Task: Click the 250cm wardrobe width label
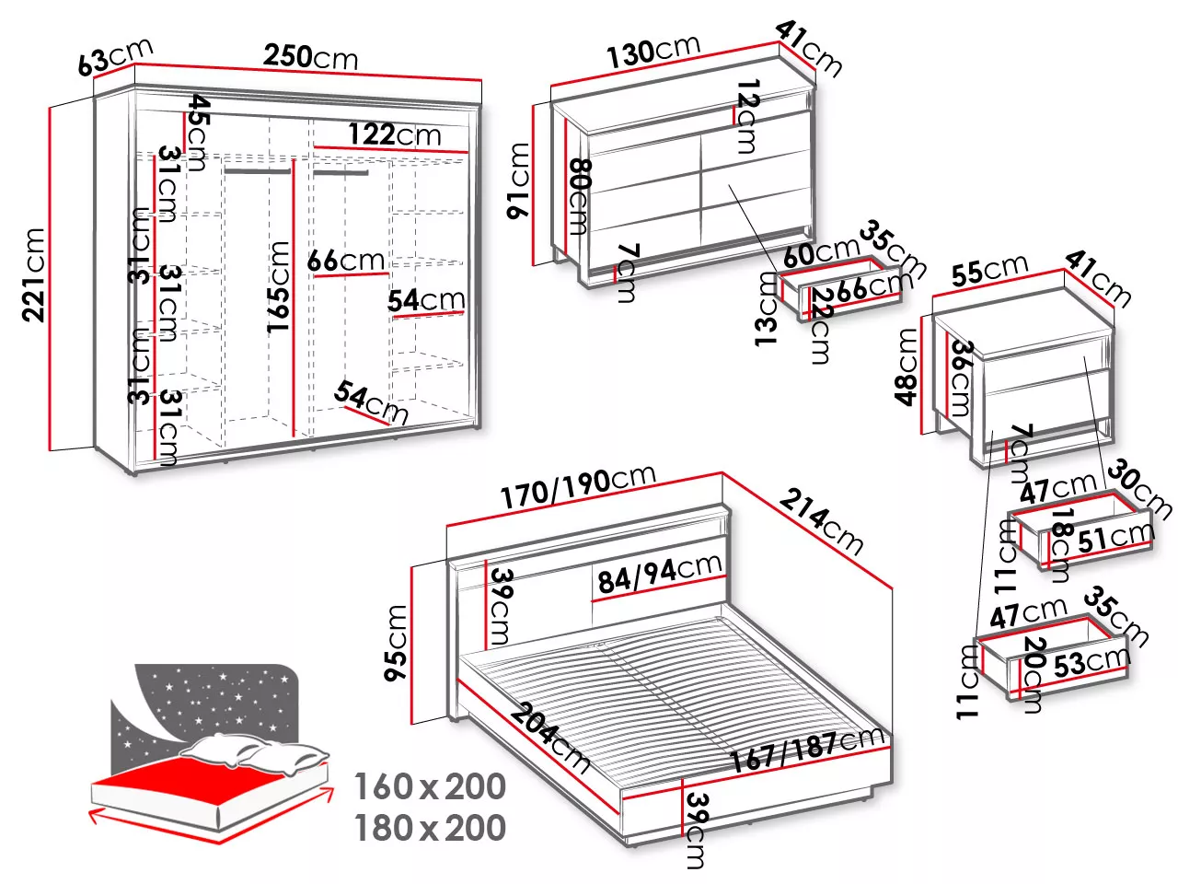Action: [310, 57]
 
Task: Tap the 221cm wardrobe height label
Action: [33, 274]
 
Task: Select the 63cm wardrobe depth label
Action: [115, 57]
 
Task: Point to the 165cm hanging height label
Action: [279, 287]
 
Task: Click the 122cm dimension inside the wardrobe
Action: [395, 134]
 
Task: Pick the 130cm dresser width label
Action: [653, 52]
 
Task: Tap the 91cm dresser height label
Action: [518, 180]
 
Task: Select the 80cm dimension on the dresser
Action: [580, 196]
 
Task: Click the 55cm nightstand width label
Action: [989, 270]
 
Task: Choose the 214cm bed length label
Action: [821, 521]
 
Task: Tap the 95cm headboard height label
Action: [396, 643]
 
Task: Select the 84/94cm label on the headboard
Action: [660, 573]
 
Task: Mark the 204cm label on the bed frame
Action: [549, 739]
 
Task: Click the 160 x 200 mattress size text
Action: [430, 786]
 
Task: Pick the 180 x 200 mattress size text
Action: [430, 828]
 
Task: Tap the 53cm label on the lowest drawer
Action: [1092, 664]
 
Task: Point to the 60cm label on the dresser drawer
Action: [822, 252]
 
